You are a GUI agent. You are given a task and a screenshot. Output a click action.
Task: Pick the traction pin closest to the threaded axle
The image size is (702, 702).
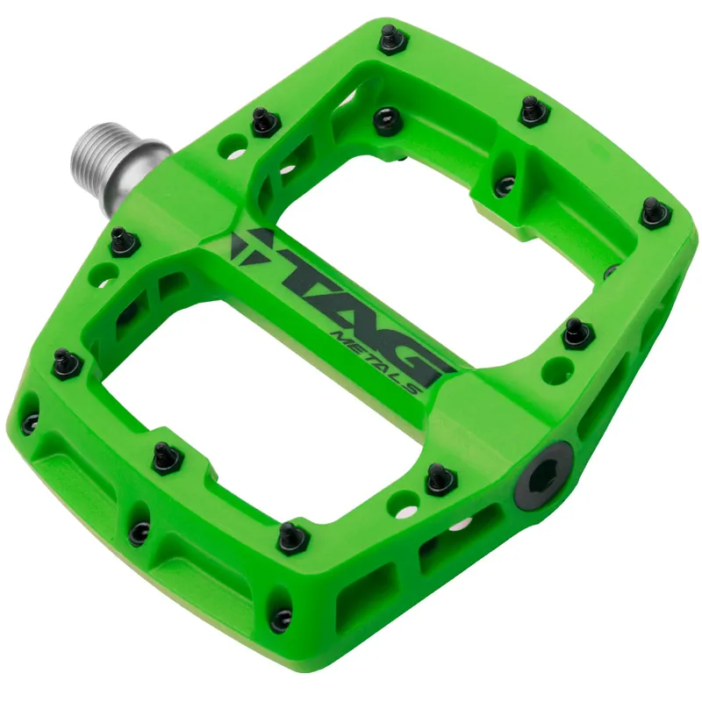pyautogui.click(x=264, y=121)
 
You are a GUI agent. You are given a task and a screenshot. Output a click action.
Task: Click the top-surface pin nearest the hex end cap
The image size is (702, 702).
pyautogui.click(x=439, y=477)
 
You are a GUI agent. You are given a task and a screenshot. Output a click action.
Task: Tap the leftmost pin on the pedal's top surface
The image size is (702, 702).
pyautogui.click(x=67, y=361)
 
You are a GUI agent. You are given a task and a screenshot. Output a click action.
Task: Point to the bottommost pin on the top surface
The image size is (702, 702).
pyautogui.click(x=290, y=536)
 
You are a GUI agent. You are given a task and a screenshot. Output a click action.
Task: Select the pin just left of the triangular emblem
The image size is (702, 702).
pyautogui.click(x=123, y=239)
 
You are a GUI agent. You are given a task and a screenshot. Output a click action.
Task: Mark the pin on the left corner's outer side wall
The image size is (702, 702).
pyautogui.click(x=30, y=422)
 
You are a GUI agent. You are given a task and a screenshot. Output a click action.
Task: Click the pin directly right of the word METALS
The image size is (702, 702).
pyautogui.click(x=576, y=333)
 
